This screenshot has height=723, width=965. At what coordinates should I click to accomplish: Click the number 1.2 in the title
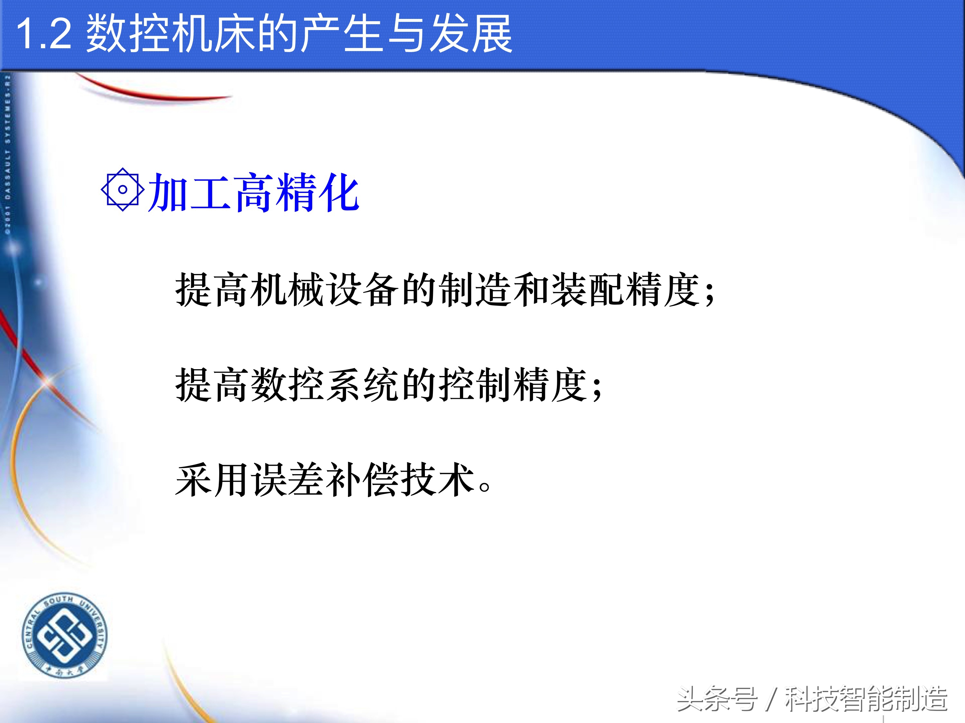point(44,35)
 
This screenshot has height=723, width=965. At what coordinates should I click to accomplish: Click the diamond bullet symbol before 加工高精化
point(123,189)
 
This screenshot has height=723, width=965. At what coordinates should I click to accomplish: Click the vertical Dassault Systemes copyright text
point(7,155)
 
